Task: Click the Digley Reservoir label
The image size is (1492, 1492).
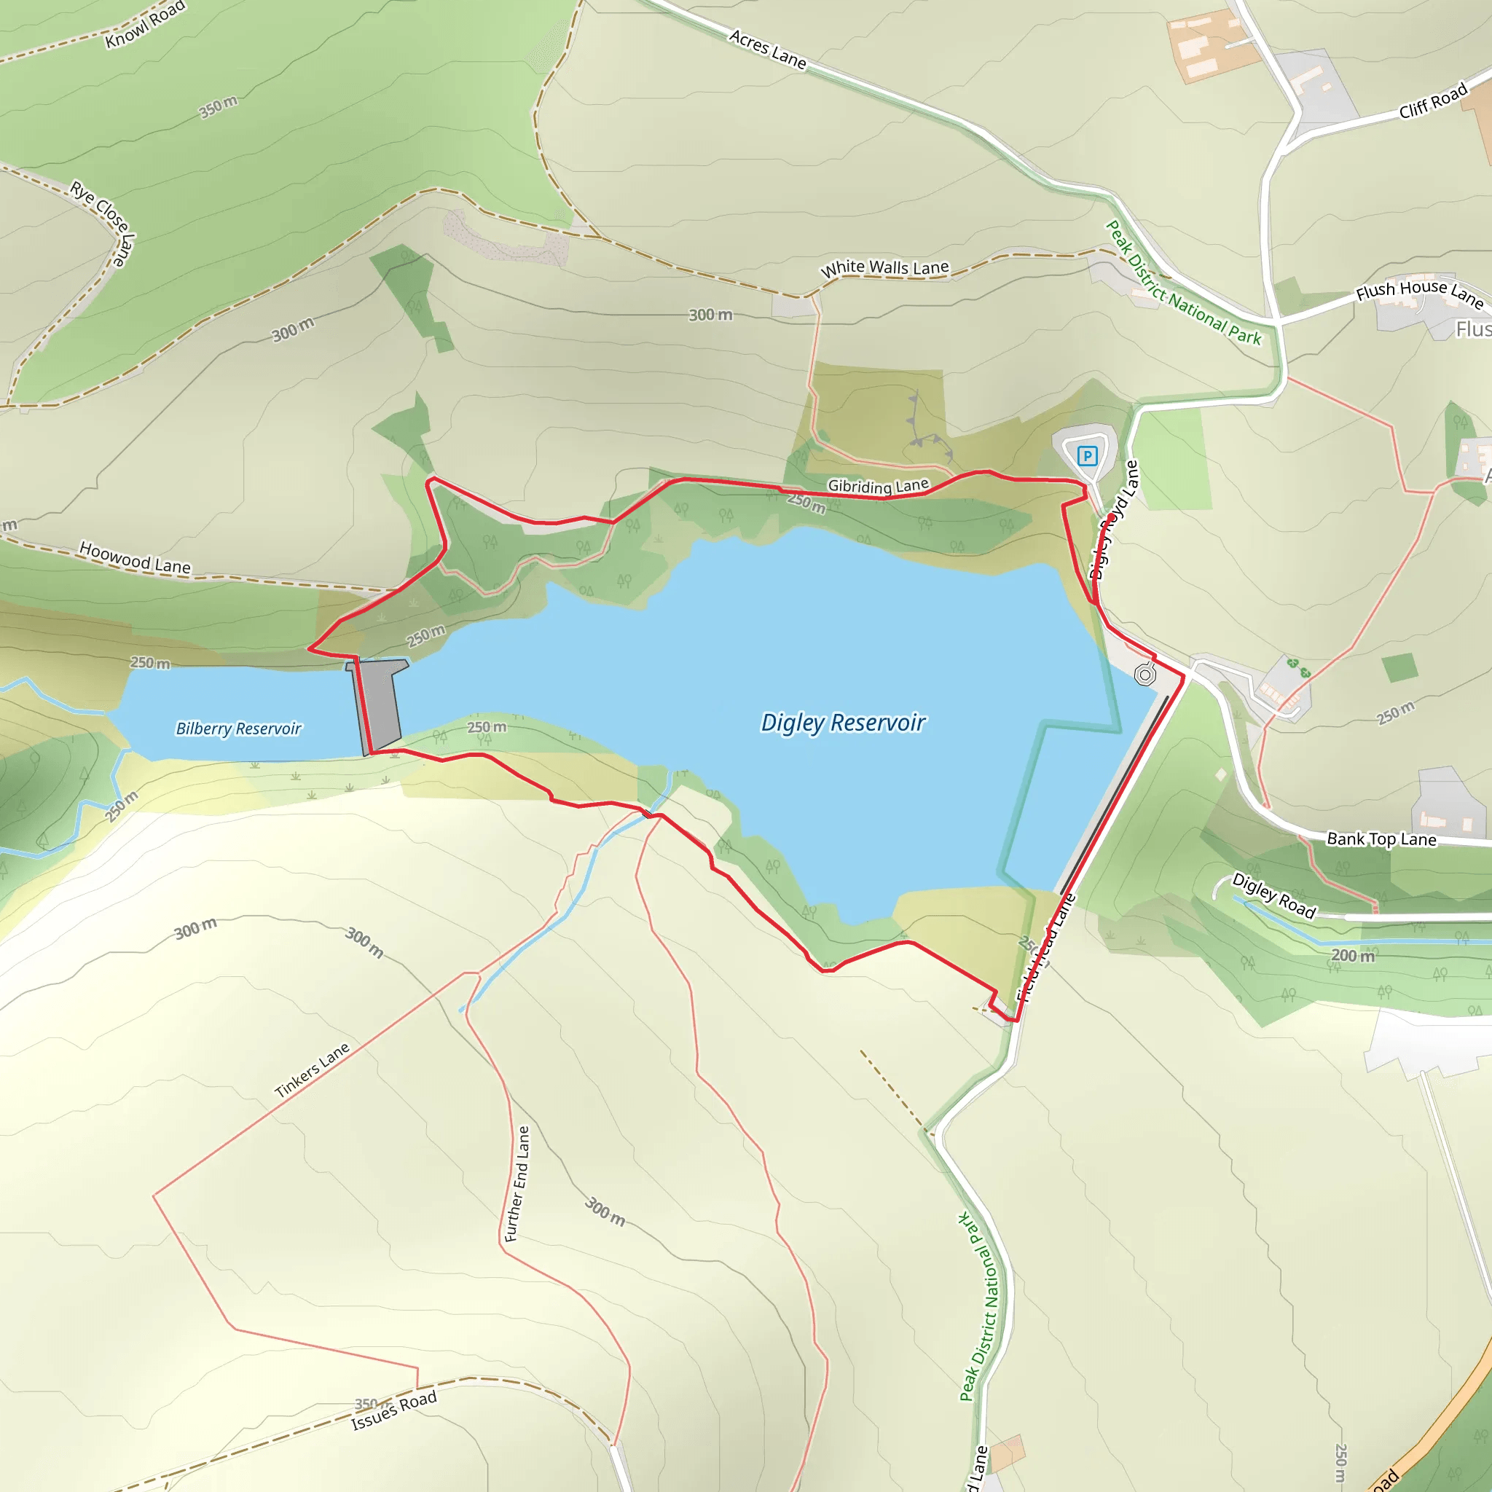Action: pos(843,723)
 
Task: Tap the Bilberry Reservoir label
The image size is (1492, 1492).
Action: pos(239,729)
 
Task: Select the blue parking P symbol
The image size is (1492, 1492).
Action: pos(1086,455)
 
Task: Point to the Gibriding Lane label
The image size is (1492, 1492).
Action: pos(878,486)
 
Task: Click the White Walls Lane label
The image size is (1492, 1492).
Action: pos(884,268)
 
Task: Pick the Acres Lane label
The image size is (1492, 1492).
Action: pos(768,49)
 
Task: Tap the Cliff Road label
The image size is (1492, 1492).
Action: pos(1432,101)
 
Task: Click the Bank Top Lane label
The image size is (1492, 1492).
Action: pos(1381,839)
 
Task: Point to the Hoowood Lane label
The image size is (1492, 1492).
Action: pos(136,557)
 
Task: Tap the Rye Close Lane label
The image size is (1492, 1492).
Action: pos(103,222)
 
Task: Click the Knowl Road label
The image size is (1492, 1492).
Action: pos(145,24)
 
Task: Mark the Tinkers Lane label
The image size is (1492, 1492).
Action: pos(312,1070)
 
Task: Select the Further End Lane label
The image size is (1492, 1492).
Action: pos(517,1183)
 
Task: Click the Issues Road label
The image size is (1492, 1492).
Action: pos(394,1410)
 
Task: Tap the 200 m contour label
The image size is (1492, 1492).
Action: pos(1354,955)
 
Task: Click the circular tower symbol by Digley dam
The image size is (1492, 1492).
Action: pos(1145,675)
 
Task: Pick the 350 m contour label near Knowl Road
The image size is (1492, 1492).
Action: pos(219,107)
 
